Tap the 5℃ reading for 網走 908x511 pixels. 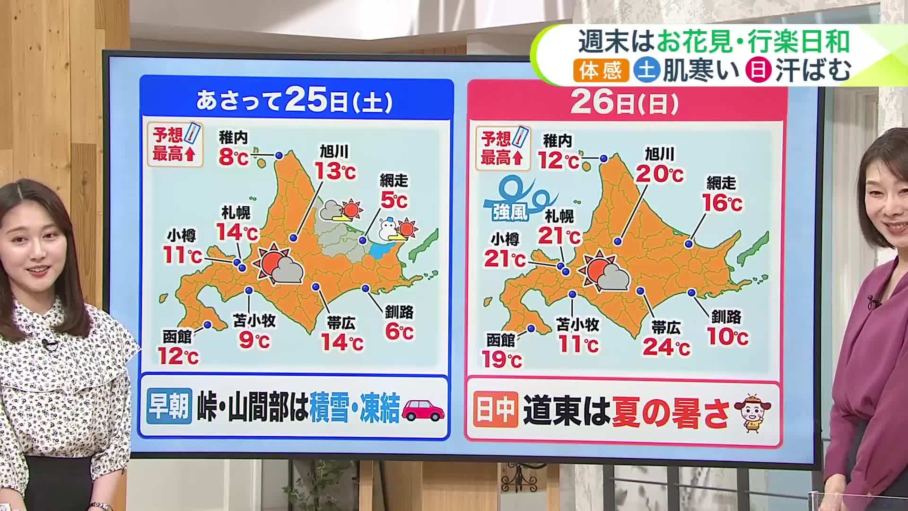point(393,201)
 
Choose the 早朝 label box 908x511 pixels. point(169,406)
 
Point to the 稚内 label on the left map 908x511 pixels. point(233,138)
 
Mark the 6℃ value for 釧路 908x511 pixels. point(399,332)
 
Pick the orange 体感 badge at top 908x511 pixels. point(602,71)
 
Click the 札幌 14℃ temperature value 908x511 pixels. point(237,232)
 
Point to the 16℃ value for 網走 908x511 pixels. point(722,203)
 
